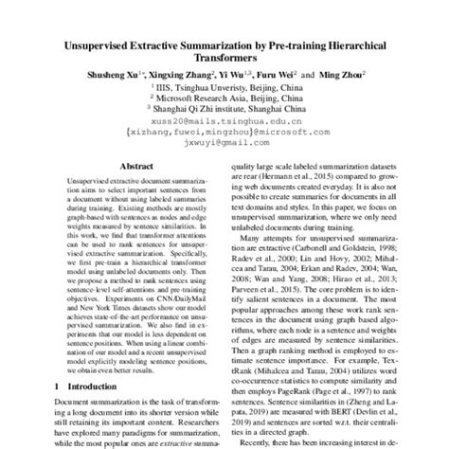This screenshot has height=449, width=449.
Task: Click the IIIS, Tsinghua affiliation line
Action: click(x=225, y=94)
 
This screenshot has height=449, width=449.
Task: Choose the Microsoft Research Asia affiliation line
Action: click(x=225, y=106)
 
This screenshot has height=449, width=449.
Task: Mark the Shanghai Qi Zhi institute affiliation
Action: click(x=225, y=119)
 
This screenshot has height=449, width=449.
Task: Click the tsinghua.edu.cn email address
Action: click(x=224, y=134)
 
